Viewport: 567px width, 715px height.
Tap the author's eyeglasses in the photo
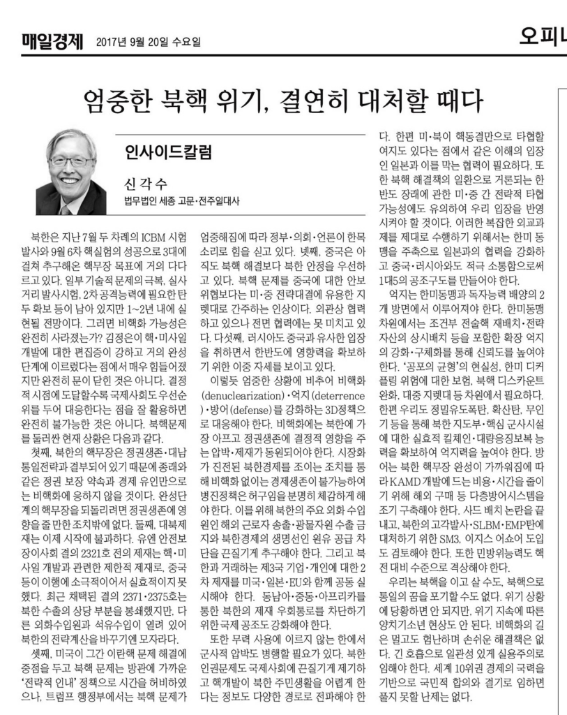(71, 161)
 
